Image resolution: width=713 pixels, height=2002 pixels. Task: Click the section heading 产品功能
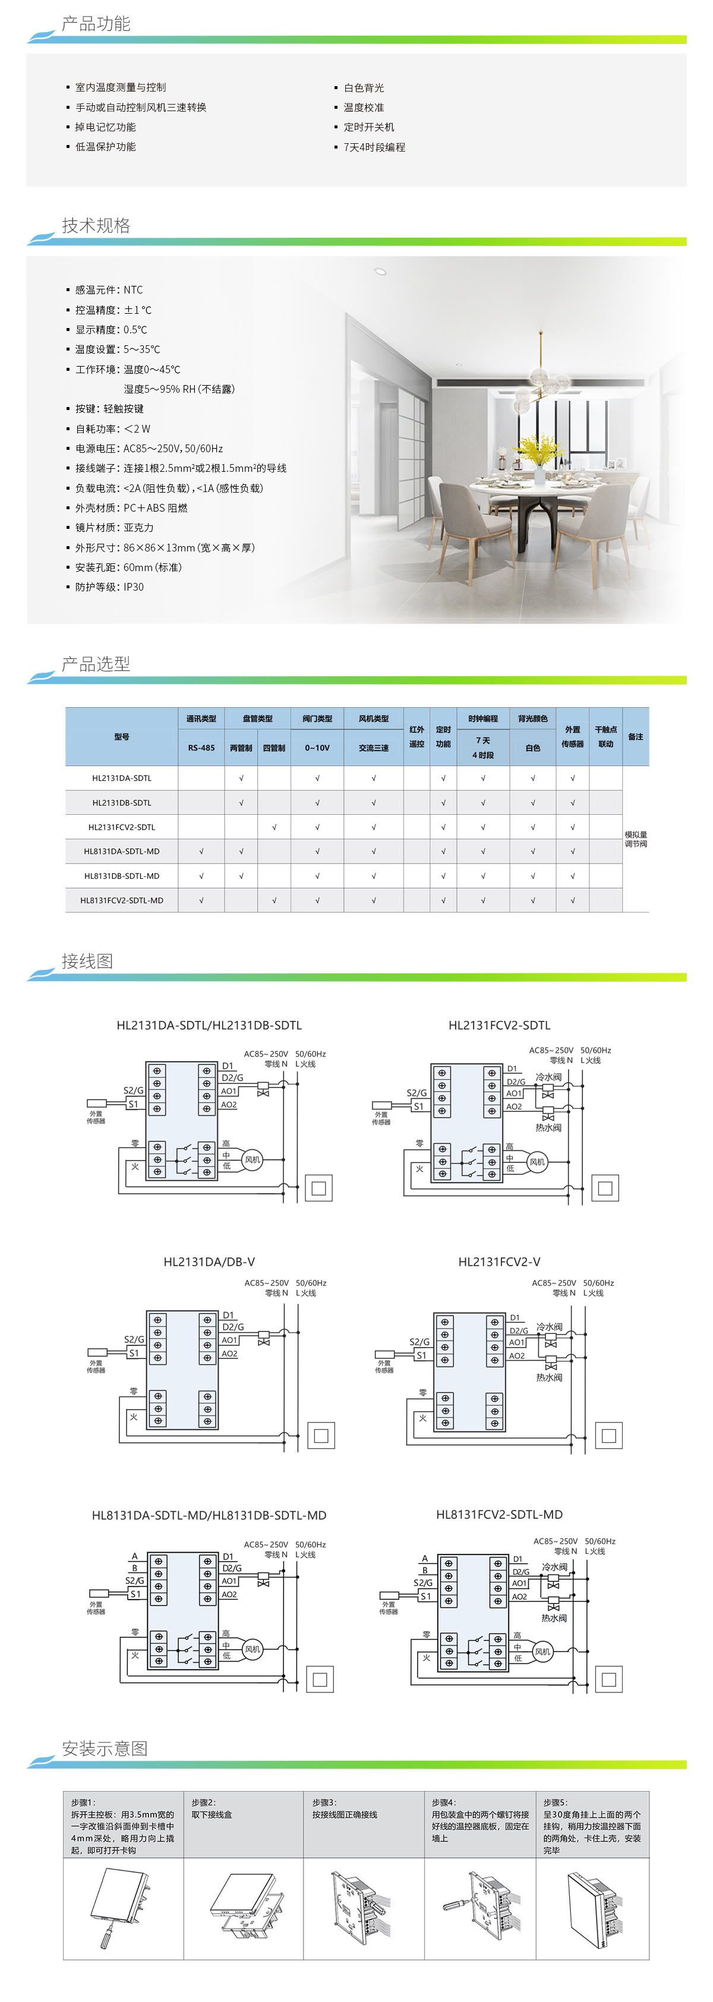(96, 24)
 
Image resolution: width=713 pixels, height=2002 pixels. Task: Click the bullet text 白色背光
(364, 88)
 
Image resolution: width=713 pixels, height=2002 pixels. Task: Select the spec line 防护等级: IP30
(109, 587)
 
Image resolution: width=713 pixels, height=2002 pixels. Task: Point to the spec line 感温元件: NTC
(109, 290)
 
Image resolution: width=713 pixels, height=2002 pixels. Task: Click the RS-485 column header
(201, 748)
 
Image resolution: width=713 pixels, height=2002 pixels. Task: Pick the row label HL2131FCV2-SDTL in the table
(122, 827)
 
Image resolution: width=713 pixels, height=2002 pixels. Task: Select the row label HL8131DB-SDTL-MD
(122, 876)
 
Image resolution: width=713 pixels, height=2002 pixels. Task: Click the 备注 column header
(635, 737)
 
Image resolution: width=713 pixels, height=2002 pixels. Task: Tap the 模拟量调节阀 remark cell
(635, 839)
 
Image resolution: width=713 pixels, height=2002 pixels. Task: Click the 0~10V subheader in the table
(317, 748)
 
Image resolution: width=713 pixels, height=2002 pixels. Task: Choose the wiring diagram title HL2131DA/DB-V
(209, 1262)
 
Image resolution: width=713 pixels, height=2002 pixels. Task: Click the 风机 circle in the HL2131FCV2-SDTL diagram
(537, 1162)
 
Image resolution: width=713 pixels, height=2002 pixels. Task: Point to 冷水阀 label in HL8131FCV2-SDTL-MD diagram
(554, 1567)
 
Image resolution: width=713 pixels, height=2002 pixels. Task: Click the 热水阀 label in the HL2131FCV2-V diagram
(549, 1377)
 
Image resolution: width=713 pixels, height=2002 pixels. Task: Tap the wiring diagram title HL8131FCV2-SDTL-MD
(500, 1514)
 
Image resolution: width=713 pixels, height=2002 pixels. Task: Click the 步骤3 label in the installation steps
(324, 1802)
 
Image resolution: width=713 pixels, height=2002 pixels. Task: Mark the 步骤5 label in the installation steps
(556, 1802)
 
